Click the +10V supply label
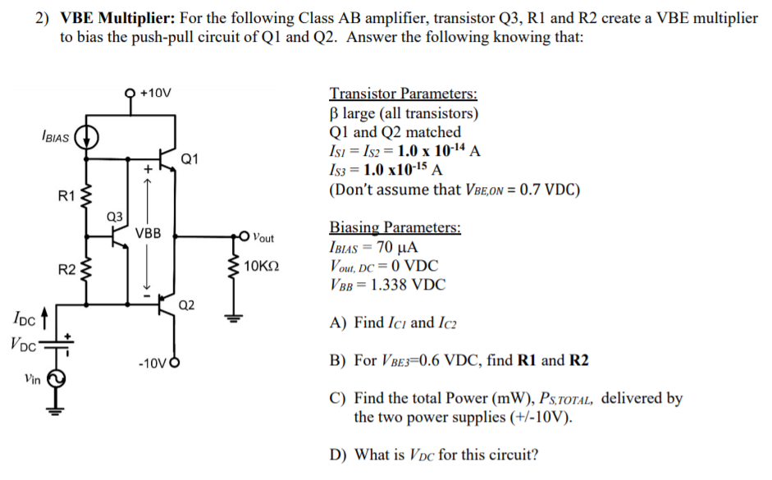pyautogui.click(x=155, y=92)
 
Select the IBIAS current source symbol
pyautogui.click(x=88, y=138)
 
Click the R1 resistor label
pyautogui.click(x=66, y=197)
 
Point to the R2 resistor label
pyautogui.click(x=66, y=268)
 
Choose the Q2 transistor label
pyautogui.click(x=187, y=305)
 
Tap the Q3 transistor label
pyautogui.click(x=115, y=216)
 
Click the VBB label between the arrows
pyautogui.click(x=149, y=233)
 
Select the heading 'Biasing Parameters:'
pyautogui.click(x=395, y=227)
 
